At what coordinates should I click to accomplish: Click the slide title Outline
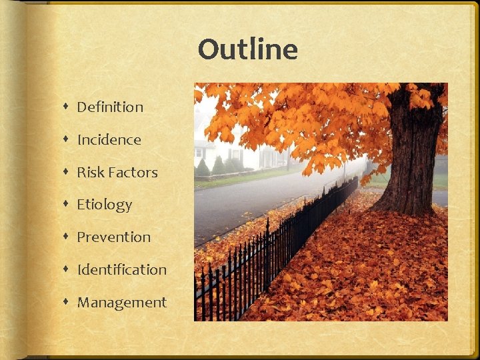tap(247, 50)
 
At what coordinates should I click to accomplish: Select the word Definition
tap(110, 107)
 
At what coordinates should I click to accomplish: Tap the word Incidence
tap(109, 139)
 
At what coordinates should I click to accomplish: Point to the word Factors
tap(133, 172)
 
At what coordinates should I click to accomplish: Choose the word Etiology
tap(105, 205)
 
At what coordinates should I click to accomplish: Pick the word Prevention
tap(114, 237)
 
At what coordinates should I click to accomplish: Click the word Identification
tap(122, 269)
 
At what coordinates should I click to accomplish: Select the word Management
tap(122, 302)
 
